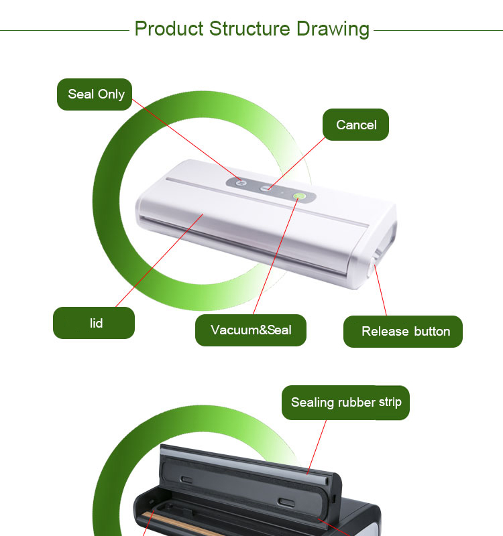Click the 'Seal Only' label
point(95,94)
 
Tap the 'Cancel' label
point(355,125)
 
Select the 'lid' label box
point(94,323)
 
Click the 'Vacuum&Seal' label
point(250,330)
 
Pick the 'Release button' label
point(403,332)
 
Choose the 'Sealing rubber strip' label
point(345,403)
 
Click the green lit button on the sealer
point(299,196)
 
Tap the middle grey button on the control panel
point(265,188)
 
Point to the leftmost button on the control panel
point(241,183)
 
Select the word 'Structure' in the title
point(249,29)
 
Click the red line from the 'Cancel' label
point(296,163)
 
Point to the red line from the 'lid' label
point(160,261)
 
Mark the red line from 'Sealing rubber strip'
point(317,447)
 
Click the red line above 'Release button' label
point(380,291)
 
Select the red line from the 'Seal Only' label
point(186,140)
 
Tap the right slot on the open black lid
point(287,503)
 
